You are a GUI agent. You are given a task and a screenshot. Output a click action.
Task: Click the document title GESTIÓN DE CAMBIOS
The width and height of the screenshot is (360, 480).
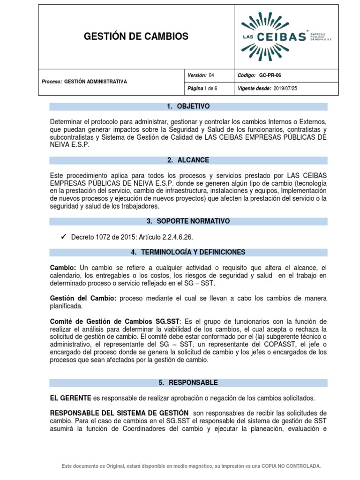pos(135,37)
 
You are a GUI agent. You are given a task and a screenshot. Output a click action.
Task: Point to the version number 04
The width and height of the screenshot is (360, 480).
pos(211,75)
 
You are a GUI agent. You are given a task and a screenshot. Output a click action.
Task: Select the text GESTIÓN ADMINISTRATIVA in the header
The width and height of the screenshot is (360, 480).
pos(95,82)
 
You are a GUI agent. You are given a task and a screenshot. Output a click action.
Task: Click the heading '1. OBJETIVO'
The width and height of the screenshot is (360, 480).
pos(188,106)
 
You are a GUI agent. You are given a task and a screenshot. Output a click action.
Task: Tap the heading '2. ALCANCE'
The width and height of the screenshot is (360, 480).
pos(188,160)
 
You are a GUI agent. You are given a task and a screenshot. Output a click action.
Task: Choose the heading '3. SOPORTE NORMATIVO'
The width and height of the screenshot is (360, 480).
pos(188,221)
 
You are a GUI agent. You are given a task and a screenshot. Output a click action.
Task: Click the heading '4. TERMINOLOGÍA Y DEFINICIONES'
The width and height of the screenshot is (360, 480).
pos(188,252)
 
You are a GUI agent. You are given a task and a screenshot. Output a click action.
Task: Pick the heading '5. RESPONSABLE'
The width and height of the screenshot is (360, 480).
pos(188,382)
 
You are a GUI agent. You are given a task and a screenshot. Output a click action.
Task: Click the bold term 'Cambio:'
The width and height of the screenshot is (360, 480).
pos(63,267)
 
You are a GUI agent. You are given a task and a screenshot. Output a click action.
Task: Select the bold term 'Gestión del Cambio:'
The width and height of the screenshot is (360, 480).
pos(83,299)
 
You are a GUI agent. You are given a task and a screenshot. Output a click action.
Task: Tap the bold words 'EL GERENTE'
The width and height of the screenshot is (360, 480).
pos(70,398)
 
